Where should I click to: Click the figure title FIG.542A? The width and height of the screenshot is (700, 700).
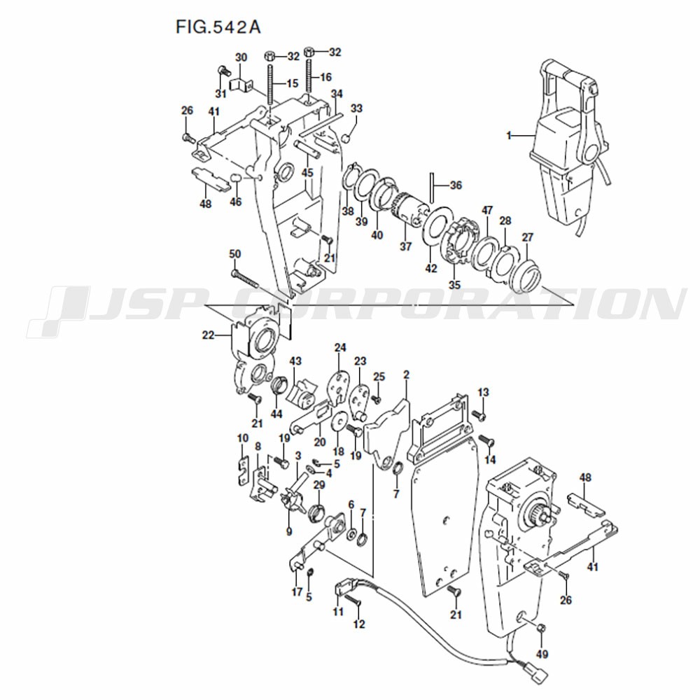(x=218, y=27)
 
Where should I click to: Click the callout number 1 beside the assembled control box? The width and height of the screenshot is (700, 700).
(x=508, y=135)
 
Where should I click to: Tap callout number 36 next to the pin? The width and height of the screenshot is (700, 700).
(x=456, y=185)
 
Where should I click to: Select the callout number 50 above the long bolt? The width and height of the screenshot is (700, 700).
(x=234, y=254)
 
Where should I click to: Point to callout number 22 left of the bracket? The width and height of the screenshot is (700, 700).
(x=208, y=335)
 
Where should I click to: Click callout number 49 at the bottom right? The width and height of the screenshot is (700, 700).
(x=542, y=654)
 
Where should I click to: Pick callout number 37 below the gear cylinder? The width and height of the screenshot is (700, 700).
(x=405, y=246)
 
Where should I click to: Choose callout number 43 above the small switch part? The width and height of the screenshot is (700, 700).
(x=295, y=360)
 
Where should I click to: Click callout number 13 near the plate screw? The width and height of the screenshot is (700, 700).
(x=484, y=392)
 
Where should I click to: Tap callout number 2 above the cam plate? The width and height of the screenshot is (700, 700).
(x=406, y=374)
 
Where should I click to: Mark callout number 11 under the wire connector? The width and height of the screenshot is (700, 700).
(x=338, y=611)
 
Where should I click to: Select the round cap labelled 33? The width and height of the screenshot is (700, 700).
(x=344, y=136)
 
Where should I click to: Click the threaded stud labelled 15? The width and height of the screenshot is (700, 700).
(x=270, y=85)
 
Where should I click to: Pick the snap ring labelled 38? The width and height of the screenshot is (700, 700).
(x=349, y=178)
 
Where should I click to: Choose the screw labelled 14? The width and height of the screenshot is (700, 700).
(x=486, y=440)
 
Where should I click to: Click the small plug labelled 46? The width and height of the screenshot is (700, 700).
(x=236, y=178)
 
